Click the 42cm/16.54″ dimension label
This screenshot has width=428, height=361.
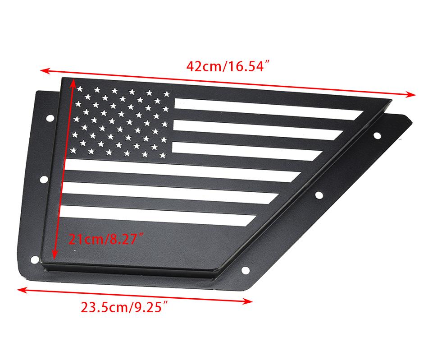(x=228, y=66)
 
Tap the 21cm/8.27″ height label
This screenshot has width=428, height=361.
(x=106, y=239)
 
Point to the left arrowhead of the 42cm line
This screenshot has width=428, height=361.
(x=46, y=71)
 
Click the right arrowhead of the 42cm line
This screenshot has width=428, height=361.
(x=410, y=95)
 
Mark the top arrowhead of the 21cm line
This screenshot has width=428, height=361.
(x=73, y=82)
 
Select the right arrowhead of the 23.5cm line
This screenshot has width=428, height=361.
(x=247, y=301)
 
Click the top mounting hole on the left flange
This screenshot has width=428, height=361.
(x=50, y=118)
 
